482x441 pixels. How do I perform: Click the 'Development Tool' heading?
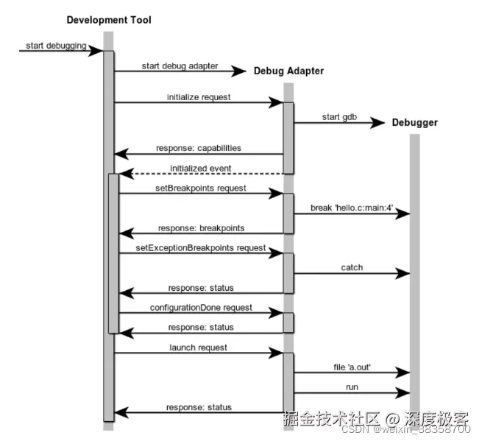[x=109, y=20]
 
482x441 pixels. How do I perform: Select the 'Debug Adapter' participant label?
[x=288, y=71]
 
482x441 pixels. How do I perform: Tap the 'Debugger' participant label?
[x=414, y=122]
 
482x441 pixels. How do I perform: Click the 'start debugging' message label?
[x=56, y=46]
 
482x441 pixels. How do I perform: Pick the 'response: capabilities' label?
[x=199, y=148]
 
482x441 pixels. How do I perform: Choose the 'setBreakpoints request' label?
[x=201, y=188]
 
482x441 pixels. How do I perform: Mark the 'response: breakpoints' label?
[x=200, y=227]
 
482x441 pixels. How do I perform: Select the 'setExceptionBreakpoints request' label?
[x=201, y=248]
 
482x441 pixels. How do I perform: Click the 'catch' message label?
[x=352, y=267]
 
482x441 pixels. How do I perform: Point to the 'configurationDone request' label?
[x=201, y=307]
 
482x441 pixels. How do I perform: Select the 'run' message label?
[x=352, y=387]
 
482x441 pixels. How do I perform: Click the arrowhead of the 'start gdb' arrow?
[x=380, y=123]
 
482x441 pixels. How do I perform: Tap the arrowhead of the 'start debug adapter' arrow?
[x=238, y=71]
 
